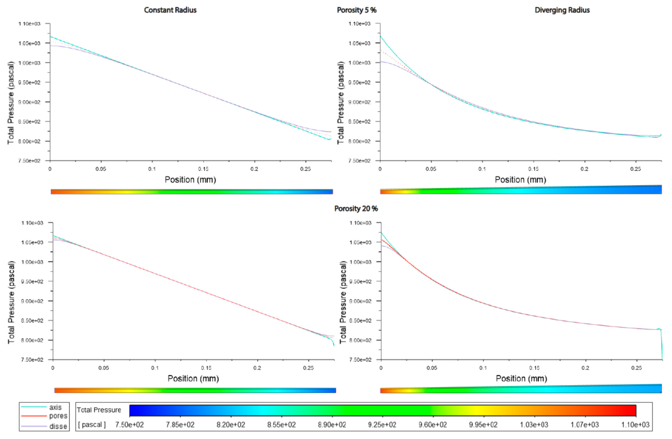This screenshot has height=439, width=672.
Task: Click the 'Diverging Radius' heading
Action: [x=562, y=10]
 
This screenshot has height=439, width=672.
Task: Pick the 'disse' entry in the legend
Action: [x=58, y=426]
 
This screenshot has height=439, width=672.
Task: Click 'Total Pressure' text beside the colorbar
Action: [x=99, y=410]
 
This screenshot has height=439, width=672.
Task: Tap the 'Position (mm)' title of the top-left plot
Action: [x=190, y=180]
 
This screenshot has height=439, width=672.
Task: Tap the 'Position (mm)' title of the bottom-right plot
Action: [x=521, y=379]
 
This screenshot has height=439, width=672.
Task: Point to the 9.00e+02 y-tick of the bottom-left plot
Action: [x=32, y=301]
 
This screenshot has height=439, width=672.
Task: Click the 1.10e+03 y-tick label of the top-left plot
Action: [x=29, y=24]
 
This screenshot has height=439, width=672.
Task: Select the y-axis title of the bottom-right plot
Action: [x=343, y=302]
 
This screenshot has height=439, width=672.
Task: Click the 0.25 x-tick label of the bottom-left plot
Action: [x=308, y=368]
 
